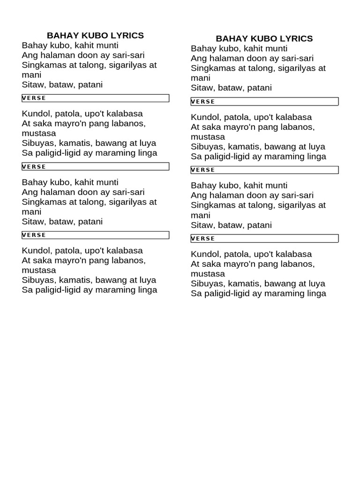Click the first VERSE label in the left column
pos(34,98)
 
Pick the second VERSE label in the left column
pos(34,166)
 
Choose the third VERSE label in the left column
pos(34,235)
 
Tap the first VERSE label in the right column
pos(203,101)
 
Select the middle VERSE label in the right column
pos(203,170)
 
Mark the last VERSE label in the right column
pos(203,238)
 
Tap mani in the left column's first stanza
pos(31,75)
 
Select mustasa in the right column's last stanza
pos(208,274)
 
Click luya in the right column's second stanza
pos(316,146)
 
